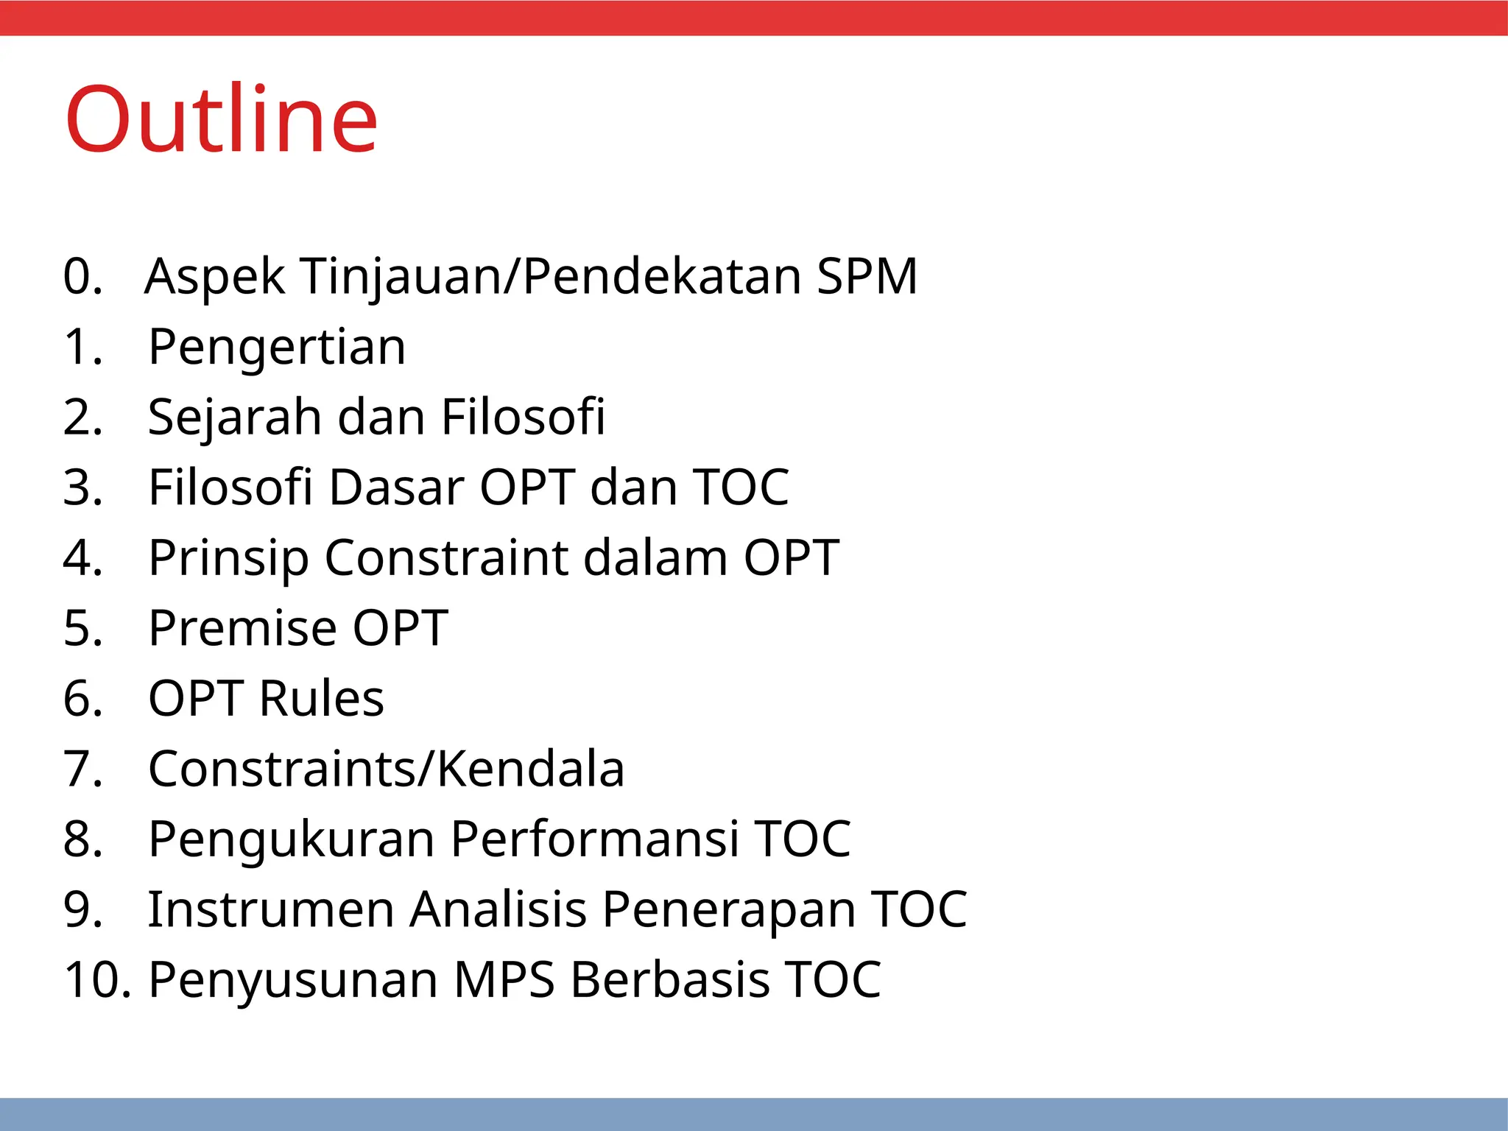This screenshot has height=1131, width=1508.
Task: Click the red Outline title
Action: click(x=221, y=120)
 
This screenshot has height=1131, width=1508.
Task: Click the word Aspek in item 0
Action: click(x=214, y=276)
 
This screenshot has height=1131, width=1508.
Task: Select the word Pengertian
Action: click(x=277, y=347)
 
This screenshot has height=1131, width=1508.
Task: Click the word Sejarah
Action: click(x=234, y=417)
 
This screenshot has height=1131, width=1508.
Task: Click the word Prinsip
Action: click(x=228, y=558)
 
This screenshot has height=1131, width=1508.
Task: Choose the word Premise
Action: click(x=242, y=628)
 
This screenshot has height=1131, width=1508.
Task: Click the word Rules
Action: click(x=321, y=698)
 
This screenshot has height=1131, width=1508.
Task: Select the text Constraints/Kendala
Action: click(x=386, y=769)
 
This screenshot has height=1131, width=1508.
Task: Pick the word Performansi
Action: click(x=594, y=839)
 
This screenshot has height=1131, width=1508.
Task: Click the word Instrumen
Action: click(x=271, y=909)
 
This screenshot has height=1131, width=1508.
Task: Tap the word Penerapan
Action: click(x=728, y=909)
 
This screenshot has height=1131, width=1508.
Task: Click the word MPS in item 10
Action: click(x=504, y=980)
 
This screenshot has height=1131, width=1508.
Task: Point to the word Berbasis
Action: click(x=669, y=980)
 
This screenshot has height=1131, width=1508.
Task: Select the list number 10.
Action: click(x=96, y=980)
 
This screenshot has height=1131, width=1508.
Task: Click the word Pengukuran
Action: click(x=291, y=839)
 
